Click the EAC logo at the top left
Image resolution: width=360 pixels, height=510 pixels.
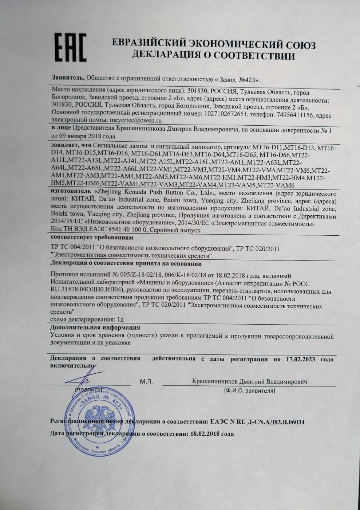(71, 47)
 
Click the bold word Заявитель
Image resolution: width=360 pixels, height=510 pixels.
(68, 78)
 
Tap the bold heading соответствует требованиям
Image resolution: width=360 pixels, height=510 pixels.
(92, 238)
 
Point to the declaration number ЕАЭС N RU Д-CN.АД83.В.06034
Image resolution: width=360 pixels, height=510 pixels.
(257, 422)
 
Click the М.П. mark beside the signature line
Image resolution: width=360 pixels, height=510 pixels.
(146, 382)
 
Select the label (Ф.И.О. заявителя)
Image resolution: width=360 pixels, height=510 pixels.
(250, 391)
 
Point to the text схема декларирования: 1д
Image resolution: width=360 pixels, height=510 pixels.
(87, 319)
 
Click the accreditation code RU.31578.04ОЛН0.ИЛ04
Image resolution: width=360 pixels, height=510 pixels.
(87, 290)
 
